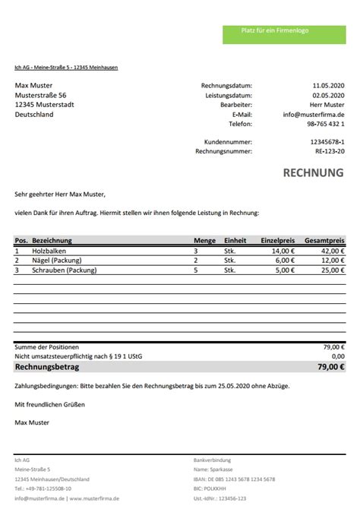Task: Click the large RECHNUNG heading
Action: coord(313,173)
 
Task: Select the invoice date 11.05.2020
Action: coord(328,85)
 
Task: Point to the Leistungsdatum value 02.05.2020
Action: coord(328,95)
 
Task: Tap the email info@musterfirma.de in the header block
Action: coord(314,114)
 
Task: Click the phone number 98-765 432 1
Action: coord(325,123)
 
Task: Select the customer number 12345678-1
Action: coord(327,142)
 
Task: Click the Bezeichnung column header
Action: coord(52,240)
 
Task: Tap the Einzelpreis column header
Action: coord(277,240)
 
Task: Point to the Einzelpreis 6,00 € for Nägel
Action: coord(284,260)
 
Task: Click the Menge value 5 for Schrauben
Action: coord(196,270)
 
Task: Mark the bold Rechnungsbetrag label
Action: coord(47,366)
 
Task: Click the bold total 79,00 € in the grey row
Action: coord(331,366)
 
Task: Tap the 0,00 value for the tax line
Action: coord(337,356)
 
